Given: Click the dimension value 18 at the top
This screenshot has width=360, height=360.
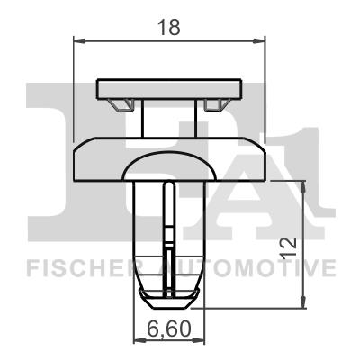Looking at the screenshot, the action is pyautogui.click(x=169, y=27).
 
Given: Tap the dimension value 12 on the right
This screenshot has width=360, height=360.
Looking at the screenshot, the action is pyautogui.click(x=289, y=247).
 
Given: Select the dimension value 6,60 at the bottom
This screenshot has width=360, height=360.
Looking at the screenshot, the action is pyautogui.click(x=169, y=328).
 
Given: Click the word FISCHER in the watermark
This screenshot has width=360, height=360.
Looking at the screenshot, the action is pyautogui.click(x=80, y=268).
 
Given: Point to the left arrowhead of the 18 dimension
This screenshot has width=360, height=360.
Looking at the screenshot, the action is pyautogui.click(x=79, y=40).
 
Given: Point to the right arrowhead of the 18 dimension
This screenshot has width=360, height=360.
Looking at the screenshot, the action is pyautogui.click(x=259, y=40).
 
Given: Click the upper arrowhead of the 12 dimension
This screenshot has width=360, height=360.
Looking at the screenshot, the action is pyautogui.click(x=303, y=187).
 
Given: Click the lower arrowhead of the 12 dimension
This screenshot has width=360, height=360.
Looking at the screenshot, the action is pyautogui.click(x=303, y=301).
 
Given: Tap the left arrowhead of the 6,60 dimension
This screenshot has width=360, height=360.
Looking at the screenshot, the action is pyautogui.click(x=139, y=340).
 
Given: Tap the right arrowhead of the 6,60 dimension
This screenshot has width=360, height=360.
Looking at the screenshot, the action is pyautogui.click(x=199, y=340).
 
